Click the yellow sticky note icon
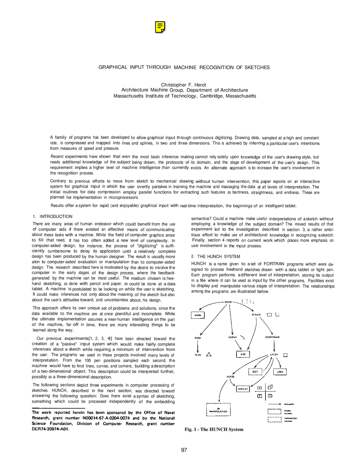pyautogui.click(x=160, y=27)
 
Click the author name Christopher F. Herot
pyautogui.click(x=183, y=85)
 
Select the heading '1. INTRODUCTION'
pyautogui.click(x=53, y=216)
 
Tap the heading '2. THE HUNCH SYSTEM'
pyautogui.click(x=215, y=256)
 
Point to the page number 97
pyautogui.click(x=184, y=450)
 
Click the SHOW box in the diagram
pyautogui.click(x=198, y=315)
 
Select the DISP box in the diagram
pyautogui.click(x=243, y=354)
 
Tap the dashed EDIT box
pyautogui.click(x=255, y=372)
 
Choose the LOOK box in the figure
pyautogui.click(x=280, y=372)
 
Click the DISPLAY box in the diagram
pyautogui.click(x=243, y=389)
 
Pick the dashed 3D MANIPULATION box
pyautogui.click(x=218, y=410)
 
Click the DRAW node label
pyautogui.click(x=228, y=302)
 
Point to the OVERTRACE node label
pyautogui.click(x=272, y=337)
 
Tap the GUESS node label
pyautogui.click(x=230, y=376)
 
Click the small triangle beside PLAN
pyautogui.click(x=209, y=355)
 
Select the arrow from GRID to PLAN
pyautogui.click(x=198, y=346)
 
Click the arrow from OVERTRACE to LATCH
pyautogui.click(x=273, y=345)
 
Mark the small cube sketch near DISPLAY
pyautogui.click(x=270, y=387)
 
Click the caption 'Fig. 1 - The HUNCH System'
pyautogui.click(x=214, y=429)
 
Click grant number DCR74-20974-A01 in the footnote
pyautogui.click(x=50, y=429)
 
